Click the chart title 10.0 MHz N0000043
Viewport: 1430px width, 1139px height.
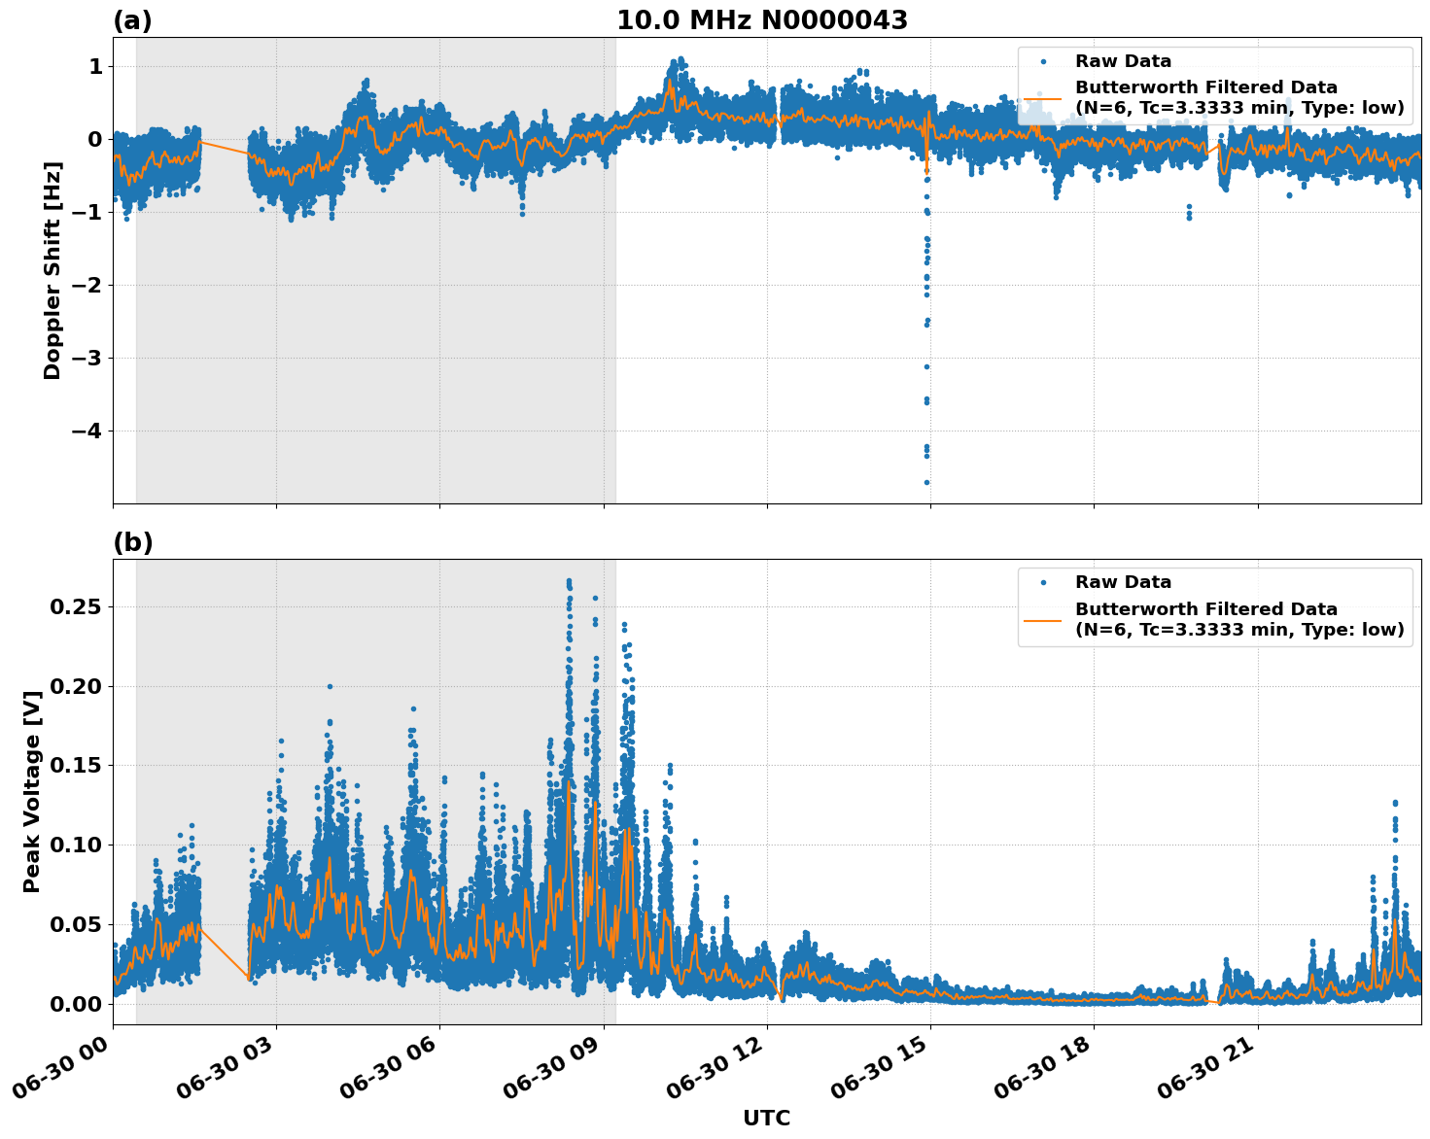[x=761, y=20]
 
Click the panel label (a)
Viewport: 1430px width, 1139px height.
[x=132, y=20]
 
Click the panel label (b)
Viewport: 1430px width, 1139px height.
[x=132, y=542]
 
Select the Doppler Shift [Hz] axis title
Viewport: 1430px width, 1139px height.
[x=52, y=270]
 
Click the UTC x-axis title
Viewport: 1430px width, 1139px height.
[x=766, y=1118]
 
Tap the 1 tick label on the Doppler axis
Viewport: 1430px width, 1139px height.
[x=95, y=66]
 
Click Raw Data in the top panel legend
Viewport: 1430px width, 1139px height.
[x=1123, y=61]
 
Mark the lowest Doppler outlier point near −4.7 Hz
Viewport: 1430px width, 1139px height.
[x=926, y=482]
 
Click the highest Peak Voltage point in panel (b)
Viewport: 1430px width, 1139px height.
[x=569, y=581]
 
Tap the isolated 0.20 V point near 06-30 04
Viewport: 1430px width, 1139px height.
[x=330, y=686]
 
